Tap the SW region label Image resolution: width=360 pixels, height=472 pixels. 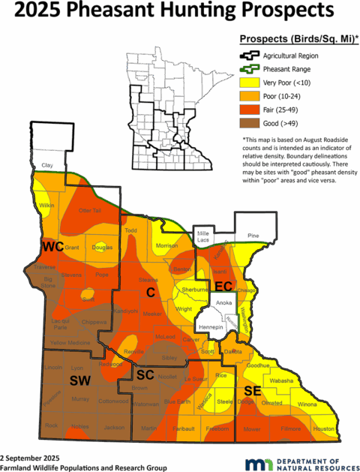pos(79,382)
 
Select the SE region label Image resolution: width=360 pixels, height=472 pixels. pos(251,391)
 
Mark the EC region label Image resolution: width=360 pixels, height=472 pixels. pos(223,287)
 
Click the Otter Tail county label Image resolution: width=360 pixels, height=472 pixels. pos(89,212)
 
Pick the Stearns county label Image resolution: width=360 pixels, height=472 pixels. pos(147,280)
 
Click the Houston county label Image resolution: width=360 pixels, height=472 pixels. pos(323,428)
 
